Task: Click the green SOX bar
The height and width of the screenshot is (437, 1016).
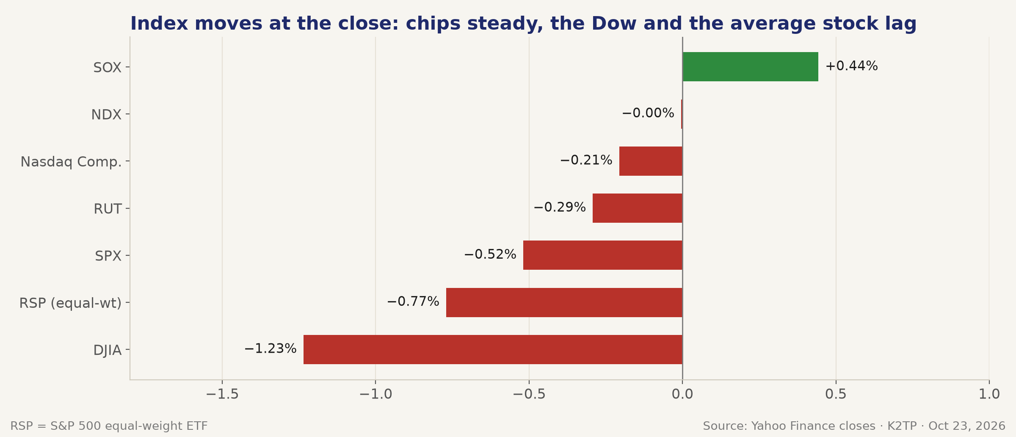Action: click(750, 66)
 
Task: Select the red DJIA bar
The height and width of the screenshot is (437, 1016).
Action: click(493, 349)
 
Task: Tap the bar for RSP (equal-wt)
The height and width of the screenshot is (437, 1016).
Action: click(564, 302)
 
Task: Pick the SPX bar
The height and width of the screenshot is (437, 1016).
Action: click(603, 255)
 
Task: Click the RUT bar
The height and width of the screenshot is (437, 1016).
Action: click(638, 208)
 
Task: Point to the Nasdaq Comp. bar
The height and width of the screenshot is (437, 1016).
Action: click(651, 161)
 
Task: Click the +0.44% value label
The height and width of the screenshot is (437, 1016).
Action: click(852, 66)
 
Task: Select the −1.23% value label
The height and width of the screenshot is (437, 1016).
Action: click(271, 349)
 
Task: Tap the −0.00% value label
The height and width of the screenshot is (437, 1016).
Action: click(648, 113)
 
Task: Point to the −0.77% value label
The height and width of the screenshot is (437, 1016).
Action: click(413, 302)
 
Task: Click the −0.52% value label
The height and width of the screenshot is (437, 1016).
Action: click(490, 254)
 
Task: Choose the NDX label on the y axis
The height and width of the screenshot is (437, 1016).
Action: click(106, 115)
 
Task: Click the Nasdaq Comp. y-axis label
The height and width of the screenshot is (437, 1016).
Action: click(71, 162)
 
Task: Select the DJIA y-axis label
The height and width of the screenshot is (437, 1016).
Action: click(108, 351)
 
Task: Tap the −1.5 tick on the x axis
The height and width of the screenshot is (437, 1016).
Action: click(222, 394)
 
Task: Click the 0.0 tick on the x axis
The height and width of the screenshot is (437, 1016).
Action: click(682, 394)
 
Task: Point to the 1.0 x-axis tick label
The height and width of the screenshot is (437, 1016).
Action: click(989, 394)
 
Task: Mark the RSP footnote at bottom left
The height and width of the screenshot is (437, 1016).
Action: click(109, 426)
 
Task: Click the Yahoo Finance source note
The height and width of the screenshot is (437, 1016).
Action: click(854, 426)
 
